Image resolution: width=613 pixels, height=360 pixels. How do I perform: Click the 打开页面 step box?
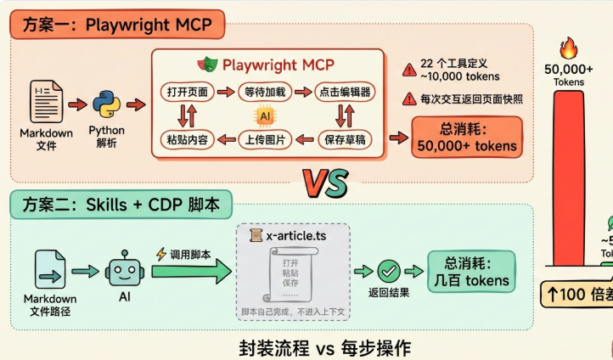tap(187, 92)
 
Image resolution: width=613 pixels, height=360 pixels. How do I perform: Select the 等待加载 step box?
tap(265, 92)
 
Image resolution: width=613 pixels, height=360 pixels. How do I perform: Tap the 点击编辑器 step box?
tap(343, 92)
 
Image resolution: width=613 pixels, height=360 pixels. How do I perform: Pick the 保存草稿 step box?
tap(343, 139)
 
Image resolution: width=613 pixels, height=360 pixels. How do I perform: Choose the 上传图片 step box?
tap(265, 139)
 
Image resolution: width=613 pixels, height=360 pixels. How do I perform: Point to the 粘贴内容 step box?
tap(187, 139)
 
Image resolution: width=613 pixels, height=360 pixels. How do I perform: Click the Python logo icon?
tap(105, 104)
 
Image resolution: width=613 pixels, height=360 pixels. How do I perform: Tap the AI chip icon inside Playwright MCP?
tap(265, 115)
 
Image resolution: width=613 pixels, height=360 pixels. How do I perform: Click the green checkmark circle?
tap(390, 272)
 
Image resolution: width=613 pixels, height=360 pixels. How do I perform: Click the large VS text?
tap(324, 182)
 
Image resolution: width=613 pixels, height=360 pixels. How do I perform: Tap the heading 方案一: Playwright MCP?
tap(116, 25)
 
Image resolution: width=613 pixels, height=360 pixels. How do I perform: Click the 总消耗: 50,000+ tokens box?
tap(466, 137)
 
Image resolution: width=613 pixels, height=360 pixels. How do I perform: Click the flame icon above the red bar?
tap(569, 48)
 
